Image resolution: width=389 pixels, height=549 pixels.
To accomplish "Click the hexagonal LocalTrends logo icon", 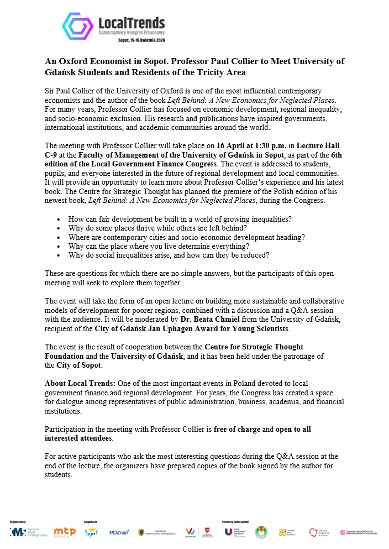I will tap(77, 26).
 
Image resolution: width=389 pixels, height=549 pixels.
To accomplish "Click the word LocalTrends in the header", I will tap(131, 23).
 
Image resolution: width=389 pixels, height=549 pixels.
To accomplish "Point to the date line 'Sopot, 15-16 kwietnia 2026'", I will tap(141, 40).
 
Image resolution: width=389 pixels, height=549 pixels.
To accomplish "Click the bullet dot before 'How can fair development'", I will tap(59, 219).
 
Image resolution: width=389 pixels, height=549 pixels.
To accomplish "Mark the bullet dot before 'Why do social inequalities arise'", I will tap(59, 255).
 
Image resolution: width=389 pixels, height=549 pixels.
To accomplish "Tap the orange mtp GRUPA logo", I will tap(64, 531).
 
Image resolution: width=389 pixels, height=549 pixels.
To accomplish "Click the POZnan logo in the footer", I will tap(119, 532).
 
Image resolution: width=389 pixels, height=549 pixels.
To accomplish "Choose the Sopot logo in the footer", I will tap(91, 532).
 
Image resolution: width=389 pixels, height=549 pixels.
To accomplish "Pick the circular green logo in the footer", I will tap(260, 532).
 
